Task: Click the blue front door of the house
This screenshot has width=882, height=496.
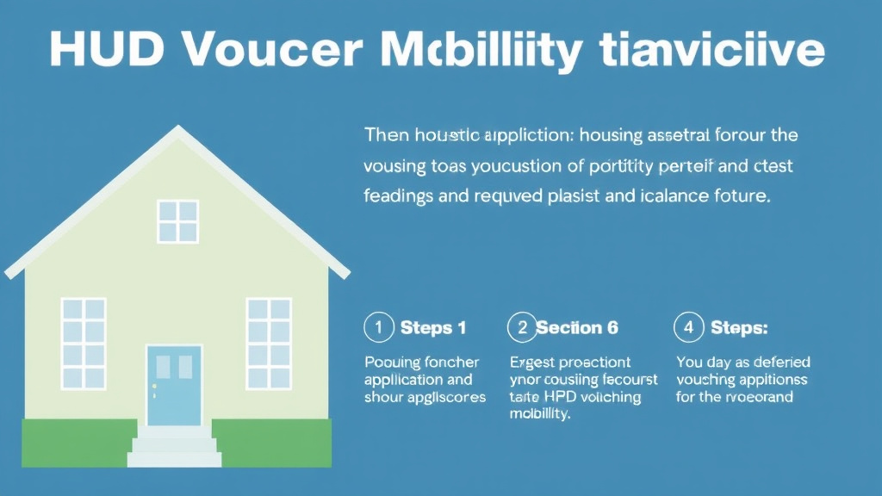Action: (x=174, y=385)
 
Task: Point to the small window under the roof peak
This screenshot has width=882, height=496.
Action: (x=178, y=220)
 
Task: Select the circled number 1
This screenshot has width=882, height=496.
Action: (x=378, y=327)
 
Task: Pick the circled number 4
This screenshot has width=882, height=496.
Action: (x=687, y=327)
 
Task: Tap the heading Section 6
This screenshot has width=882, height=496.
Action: (x=577, y=327)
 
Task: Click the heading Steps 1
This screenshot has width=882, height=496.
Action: (x=433, y=327)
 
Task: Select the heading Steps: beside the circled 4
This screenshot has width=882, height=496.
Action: (x=739, y=327)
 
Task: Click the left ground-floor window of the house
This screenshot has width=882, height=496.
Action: (x=84, y=343)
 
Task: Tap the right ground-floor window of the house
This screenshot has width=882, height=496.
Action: (x=269, y=343)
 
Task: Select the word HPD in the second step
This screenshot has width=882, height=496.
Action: (x=563, y=397)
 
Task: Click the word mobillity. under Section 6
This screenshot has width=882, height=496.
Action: (x=540, y=414)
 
